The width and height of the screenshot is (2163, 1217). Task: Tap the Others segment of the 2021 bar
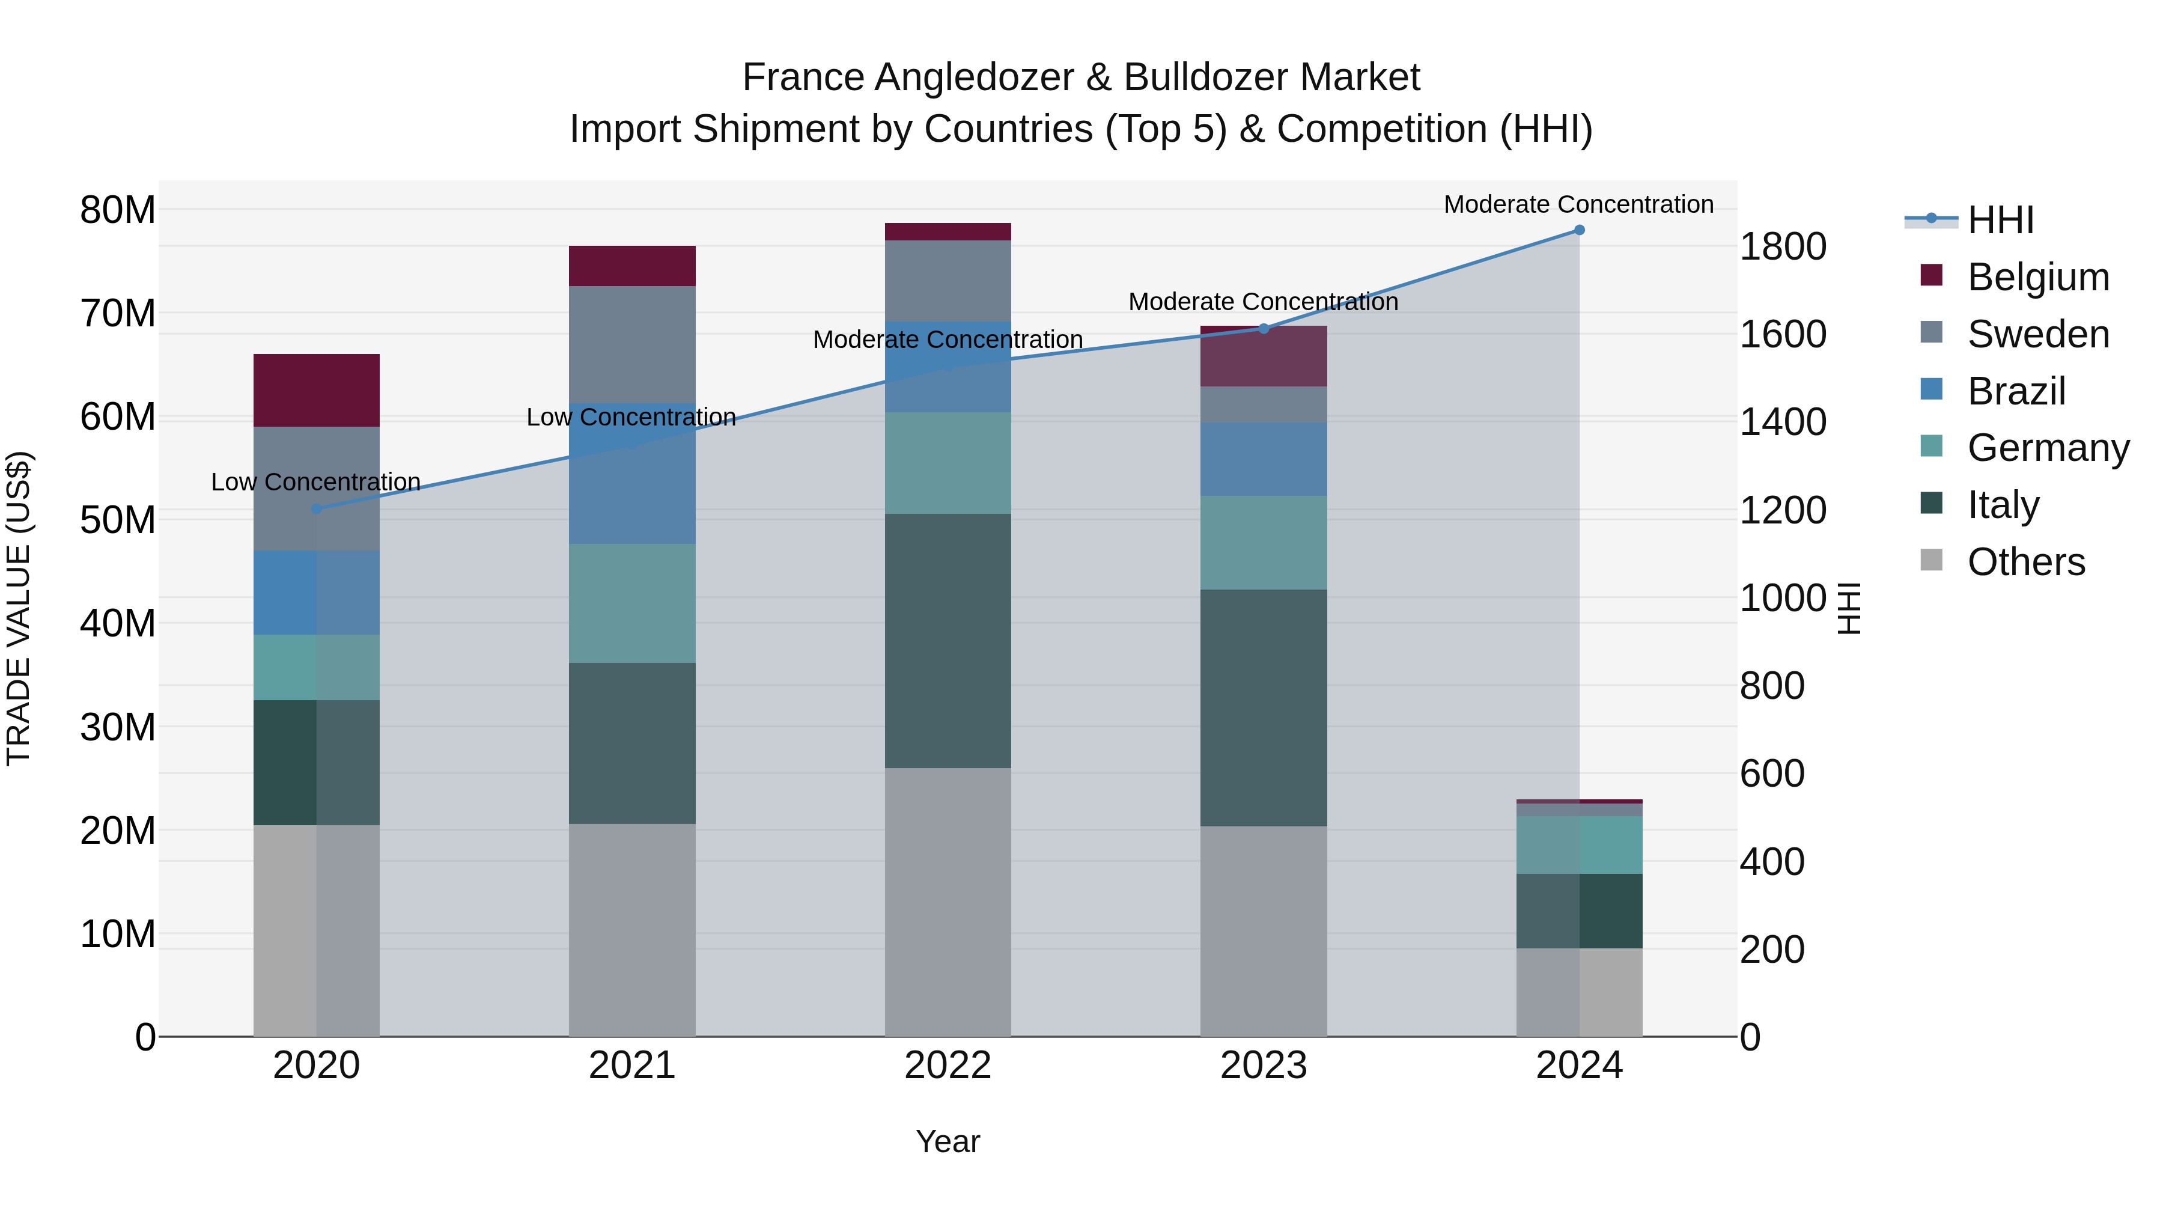click(x=631, y=929)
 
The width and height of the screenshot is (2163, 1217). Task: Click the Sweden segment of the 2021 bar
click(x=631, y=344)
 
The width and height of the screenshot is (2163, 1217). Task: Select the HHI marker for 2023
click(x=1263, y=328)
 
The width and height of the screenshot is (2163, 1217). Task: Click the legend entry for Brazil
click(x=2015, y=391)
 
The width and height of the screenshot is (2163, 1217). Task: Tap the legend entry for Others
click(x=2025, y=562)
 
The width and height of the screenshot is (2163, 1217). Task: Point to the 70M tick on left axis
click(x=118, y=313)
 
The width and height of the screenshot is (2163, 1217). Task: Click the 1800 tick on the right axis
click(x=1782, y=247)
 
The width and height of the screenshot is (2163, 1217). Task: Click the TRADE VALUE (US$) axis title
click(x=19, y=608)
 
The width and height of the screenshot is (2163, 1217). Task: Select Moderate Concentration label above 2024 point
click(x=1578, y=204)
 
